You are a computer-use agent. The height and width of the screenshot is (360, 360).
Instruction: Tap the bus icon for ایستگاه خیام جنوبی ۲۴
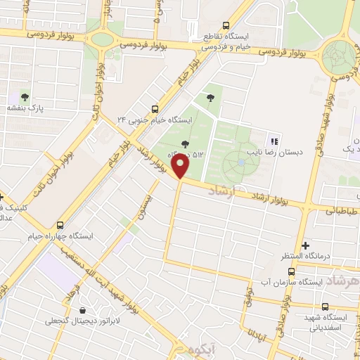[155, 108]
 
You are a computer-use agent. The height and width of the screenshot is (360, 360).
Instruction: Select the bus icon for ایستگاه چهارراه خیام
[60, 225]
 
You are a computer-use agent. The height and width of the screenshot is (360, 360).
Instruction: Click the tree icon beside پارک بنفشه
[25, 97]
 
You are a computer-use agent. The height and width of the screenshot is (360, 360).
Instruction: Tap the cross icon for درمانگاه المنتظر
[304, 246]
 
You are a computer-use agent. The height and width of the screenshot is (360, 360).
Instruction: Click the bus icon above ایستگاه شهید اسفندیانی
[325, 307]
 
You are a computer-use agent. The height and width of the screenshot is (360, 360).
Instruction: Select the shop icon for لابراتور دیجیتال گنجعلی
[84, 310]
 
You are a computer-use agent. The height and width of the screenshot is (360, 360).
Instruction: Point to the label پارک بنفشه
[26, 108]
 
